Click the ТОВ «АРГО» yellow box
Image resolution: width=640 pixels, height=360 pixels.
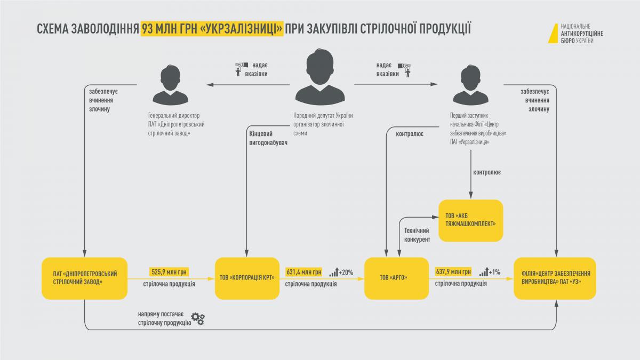[x=396, y=278]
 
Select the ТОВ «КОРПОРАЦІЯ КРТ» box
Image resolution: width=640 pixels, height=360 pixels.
[x=247, y=278]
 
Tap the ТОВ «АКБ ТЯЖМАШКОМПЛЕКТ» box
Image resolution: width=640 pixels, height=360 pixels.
[x=470, y=221]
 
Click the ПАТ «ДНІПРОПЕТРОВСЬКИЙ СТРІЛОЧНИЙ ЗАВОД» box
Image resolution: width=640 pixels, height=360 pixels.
[x=85, y=278]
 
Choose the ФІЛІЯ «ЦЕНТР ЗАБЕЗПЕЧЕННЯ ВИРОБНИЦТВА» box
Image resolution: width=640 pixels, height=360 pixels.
[x=555, y=278]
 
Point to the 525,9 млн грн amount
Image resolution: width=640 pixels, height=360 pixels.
[x=169, y=272]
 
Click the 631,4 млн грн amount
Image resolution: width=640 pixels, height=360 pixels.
[x=303, y=272]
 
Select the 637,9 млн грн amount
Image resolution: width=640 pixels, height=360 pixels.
[x=453, y=271]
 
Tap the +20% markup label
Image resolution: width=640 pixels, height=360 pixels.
[x=346, y=273]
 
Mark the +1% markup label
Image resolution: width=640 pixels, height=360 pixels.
[x=494, y=273]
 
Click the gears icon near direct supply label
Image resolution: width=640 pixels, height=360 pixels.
[x=198, y=318]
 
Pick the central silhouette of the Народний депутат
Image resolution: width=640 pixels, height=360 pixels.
[x=320, y=77]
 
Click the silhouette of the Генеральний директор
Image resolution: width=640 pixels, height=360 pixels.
[x=170, y=85]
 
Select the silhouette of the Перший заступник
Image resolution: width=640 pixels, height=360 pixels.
[x=470, y=85]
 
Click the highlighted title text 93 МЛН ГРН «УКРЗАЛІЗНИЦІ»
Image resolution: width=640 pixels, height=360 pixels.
[x=212, y=29]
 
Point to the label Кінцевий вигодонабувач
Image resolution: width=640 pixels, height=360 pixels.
[x=268, y=138]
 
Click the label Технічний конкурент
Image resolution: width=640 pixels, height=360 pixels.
[x=417, y=235]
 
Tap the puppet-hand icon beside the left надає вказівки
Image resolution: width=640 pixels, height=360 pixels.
[x=241, y=69]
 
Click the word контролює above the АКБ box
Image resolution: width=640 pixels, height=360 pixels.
[x=487, y=173]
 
